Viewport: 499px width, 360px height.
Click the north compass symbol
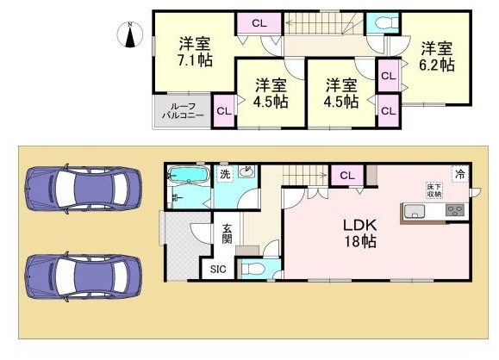130,34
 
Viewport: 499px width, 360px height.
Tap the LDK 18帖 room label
360,233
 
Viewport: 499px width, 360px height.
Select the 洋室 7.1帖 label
195,52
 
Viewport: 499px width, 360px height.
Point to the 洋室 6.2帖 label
437,56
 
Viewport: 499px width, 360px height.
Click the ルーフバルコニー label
184,111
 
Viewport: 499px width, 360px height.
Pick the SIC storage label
218,270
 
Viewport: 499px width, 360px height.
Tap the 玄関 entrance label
227,233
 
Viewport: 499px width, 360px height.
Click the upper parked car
84,189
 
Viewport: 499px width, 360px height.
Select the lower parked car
84,276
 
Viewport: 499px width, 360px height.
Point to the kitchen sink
414,212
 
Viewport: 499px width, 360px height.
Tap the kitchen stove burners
455,210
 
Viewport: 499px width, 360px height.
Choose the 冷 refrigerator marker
460,174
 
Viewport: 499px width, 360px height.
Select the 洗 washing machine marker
225,174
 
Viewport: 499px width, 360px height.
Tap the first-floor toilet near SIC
253,269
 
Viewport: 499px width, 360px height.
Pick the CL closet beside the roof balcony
224,111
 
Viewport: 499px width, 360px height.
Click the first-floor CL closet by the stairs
347,175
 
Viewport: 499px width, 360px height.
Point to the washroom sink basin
246,172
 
